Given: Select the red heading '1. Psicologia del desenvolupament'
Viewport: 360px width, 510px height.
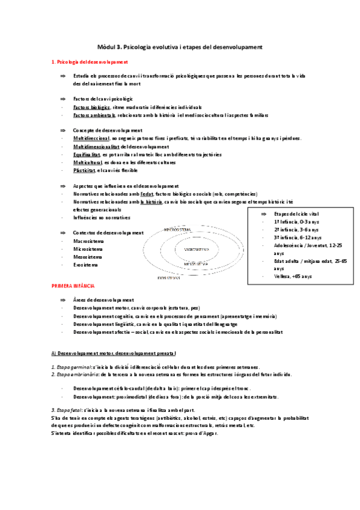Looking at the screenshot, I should (x=88, y=62).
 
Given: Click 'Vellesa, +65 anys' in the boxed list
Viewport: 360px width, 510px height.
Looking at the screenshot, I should (x=293, y=276).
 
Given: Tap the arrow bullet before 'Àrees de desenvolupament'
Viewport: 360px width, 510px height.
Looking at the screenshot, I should (x=63, y=300).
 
